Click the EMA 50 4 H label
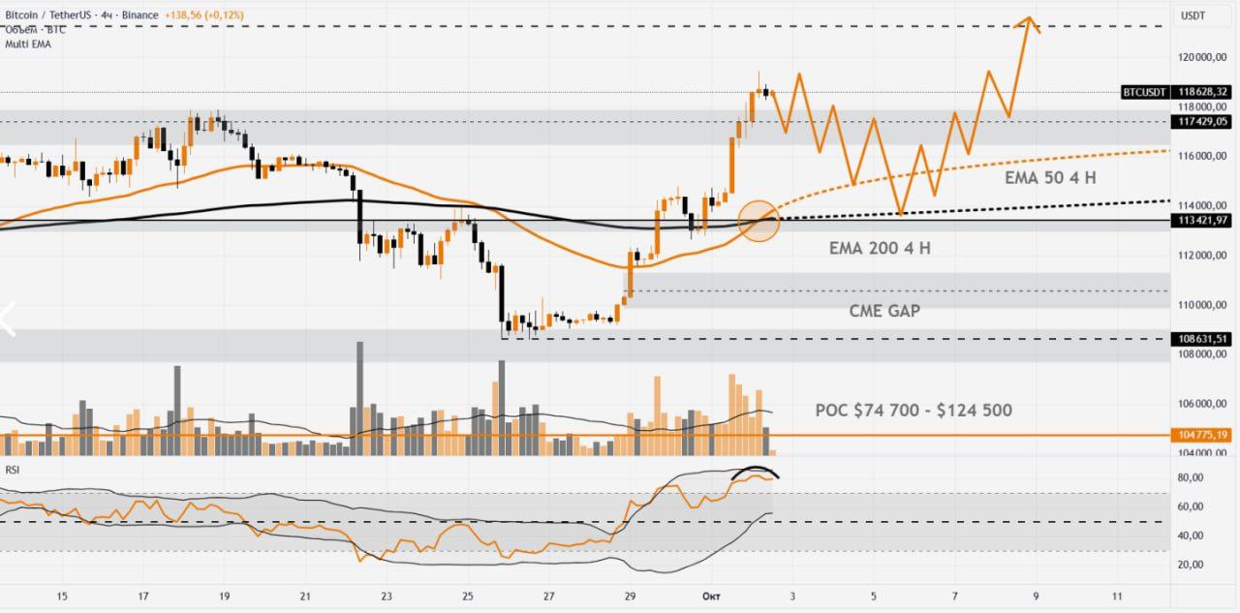coord(1049,179)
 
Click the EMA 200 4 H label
coord(880,248)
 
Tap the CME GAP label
coord(884,311)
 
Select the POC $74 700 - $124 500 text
coord(914,411)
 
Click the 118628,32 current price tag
coord(1201,92)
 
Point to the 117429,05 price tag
coord(1201,122)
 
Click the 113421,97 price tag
coord(1201,221)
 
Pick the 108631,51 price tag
coord(1201,339)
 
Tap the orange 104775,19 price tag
coord(1201,436)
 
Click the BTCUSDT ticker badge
coord(1144,92)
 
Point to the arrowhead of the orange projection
coord(1029,20)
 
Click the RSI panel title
coord(13,470)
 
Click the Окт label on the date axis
coord(712,597)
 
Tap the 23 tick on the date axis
coord(387,597)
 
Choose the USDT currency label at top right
coord(1192,15)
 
